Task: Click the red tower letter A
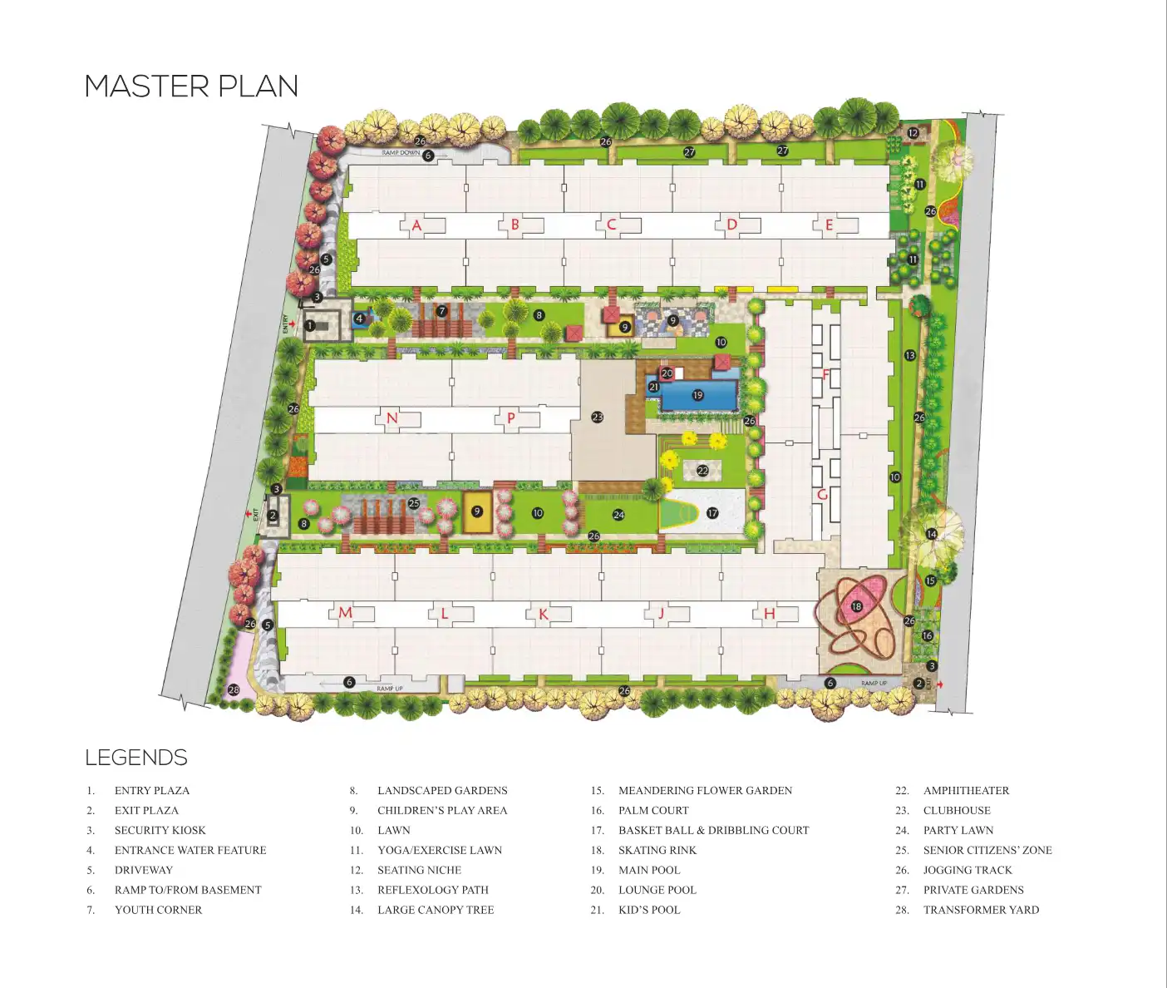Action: tap(416, 225)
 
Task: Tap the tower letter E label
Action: tap(828, 225)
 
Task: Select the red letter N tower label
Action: tap(391, 418)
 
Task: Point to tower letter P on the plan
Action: tap(510, 418)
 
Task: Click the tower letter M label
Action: tap(345, 613)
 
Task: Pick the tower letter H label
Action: tap(769, 614)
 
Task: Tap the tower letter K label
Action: tap(543, 615)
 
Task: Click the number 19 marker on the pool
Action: tap(697, 396)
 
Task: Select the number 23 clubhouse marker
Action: tap(597, 417)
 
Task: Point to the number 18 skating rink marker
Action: tap(856, 606)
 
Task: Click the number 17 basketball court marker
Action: tap(712, 513)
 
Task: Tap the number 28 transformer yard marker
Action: tap(234, 689)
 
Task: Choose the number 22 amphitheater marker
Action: tap(702, 471)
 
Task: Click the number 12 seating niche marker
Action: tap(913, 133)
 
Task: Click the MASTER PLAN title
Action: tap(191, 86)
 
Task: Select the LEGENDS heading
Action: tap(136, 758)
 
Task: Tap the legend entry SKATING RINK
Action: tap(657, 850)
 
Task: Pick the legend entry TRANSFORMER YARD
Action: tap(981, 910)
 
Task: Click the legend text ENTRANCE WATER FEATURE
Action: tap(190, 850)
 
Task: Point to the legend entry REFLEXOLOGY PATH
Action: tap(432, 890)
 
